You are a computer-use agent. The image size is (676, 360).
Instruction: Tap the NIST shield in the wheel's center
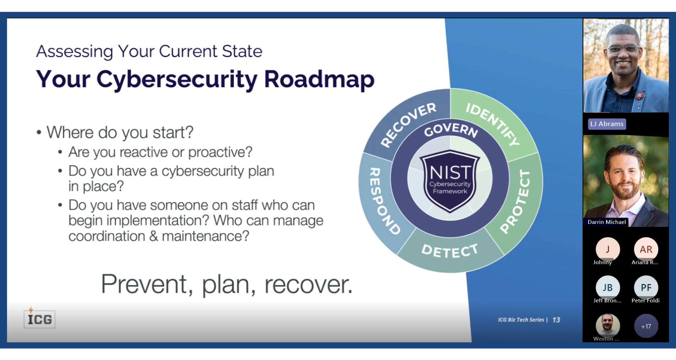tap(450, 181)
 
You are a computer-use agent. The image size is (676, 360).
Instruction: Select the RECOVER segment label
tap(408, 124)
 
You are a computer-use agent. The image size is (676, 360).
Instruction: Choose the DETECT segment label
tap(450, 251)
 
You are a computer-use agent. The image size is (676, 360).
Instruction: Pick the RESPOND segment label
tap(384, 201)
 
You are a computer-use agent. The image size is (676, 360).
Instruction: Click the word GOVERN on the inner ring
tap(451, 130)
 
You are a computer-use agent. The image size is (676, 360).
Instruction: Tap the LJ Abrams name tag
tap(607, 124)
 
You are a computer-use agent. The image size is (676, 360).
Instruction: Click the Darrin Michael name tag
tap(606, 222)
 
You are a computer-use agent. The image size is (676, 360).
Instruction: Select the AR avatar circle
tap(646, 249)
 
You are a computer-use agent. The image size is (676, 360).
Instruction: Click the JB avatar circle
tap(607, 288)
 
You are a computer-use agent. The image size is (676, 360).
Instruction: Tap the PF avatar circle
tap(646, 288)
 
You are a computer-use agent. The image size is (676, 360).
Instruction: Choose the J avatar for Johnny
tap(607, 249)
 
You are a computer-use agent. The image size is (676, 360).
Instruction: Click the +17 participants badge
tap(646, 326)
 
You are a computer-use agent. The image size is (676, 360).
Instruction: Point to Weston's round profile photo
tap(607, 325)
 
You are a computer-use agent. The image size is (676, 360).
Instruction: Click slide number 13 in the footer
tap(556, 320)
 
